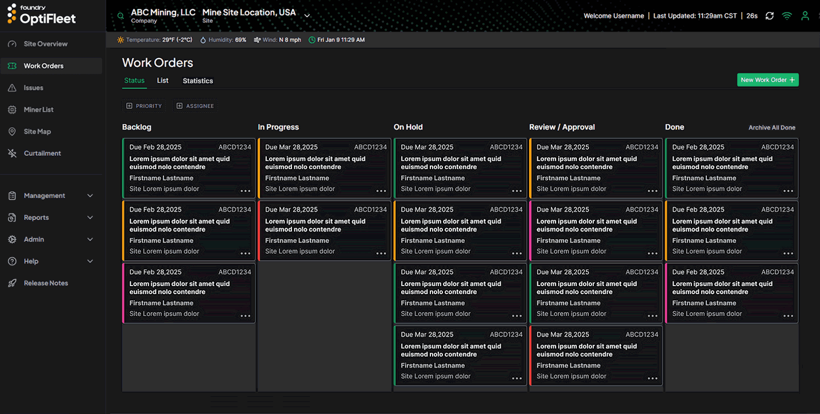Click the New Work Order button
coord(767,80)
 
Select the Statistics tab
coord(197,81)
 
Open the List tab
coord(162,80)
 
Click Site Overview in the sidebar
coord(45,44)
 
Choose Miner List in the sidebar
coord(38,110)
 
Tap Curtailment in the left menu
coord(42,153)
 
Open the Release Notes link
coord(45,283)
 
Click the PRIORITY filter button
coord(144,106)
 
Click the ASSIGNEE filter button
coord(195,106)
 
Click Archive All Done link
coord(771,127)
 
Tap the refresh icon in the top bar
coord(770,16)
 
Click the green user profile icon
coord(805,16)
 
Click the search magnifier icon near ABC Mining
coord(121,16)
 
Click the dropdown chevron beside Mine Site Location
coord(307,16)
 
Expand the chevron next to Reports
coord(90,217)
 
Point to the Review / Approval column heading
coord(562,127)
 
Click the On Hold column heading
coord(408,127)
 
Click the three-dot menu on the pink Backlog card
coord(245,316)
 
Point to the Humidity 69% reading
coord(223,40)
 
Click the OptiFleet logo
coord(41,15)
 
